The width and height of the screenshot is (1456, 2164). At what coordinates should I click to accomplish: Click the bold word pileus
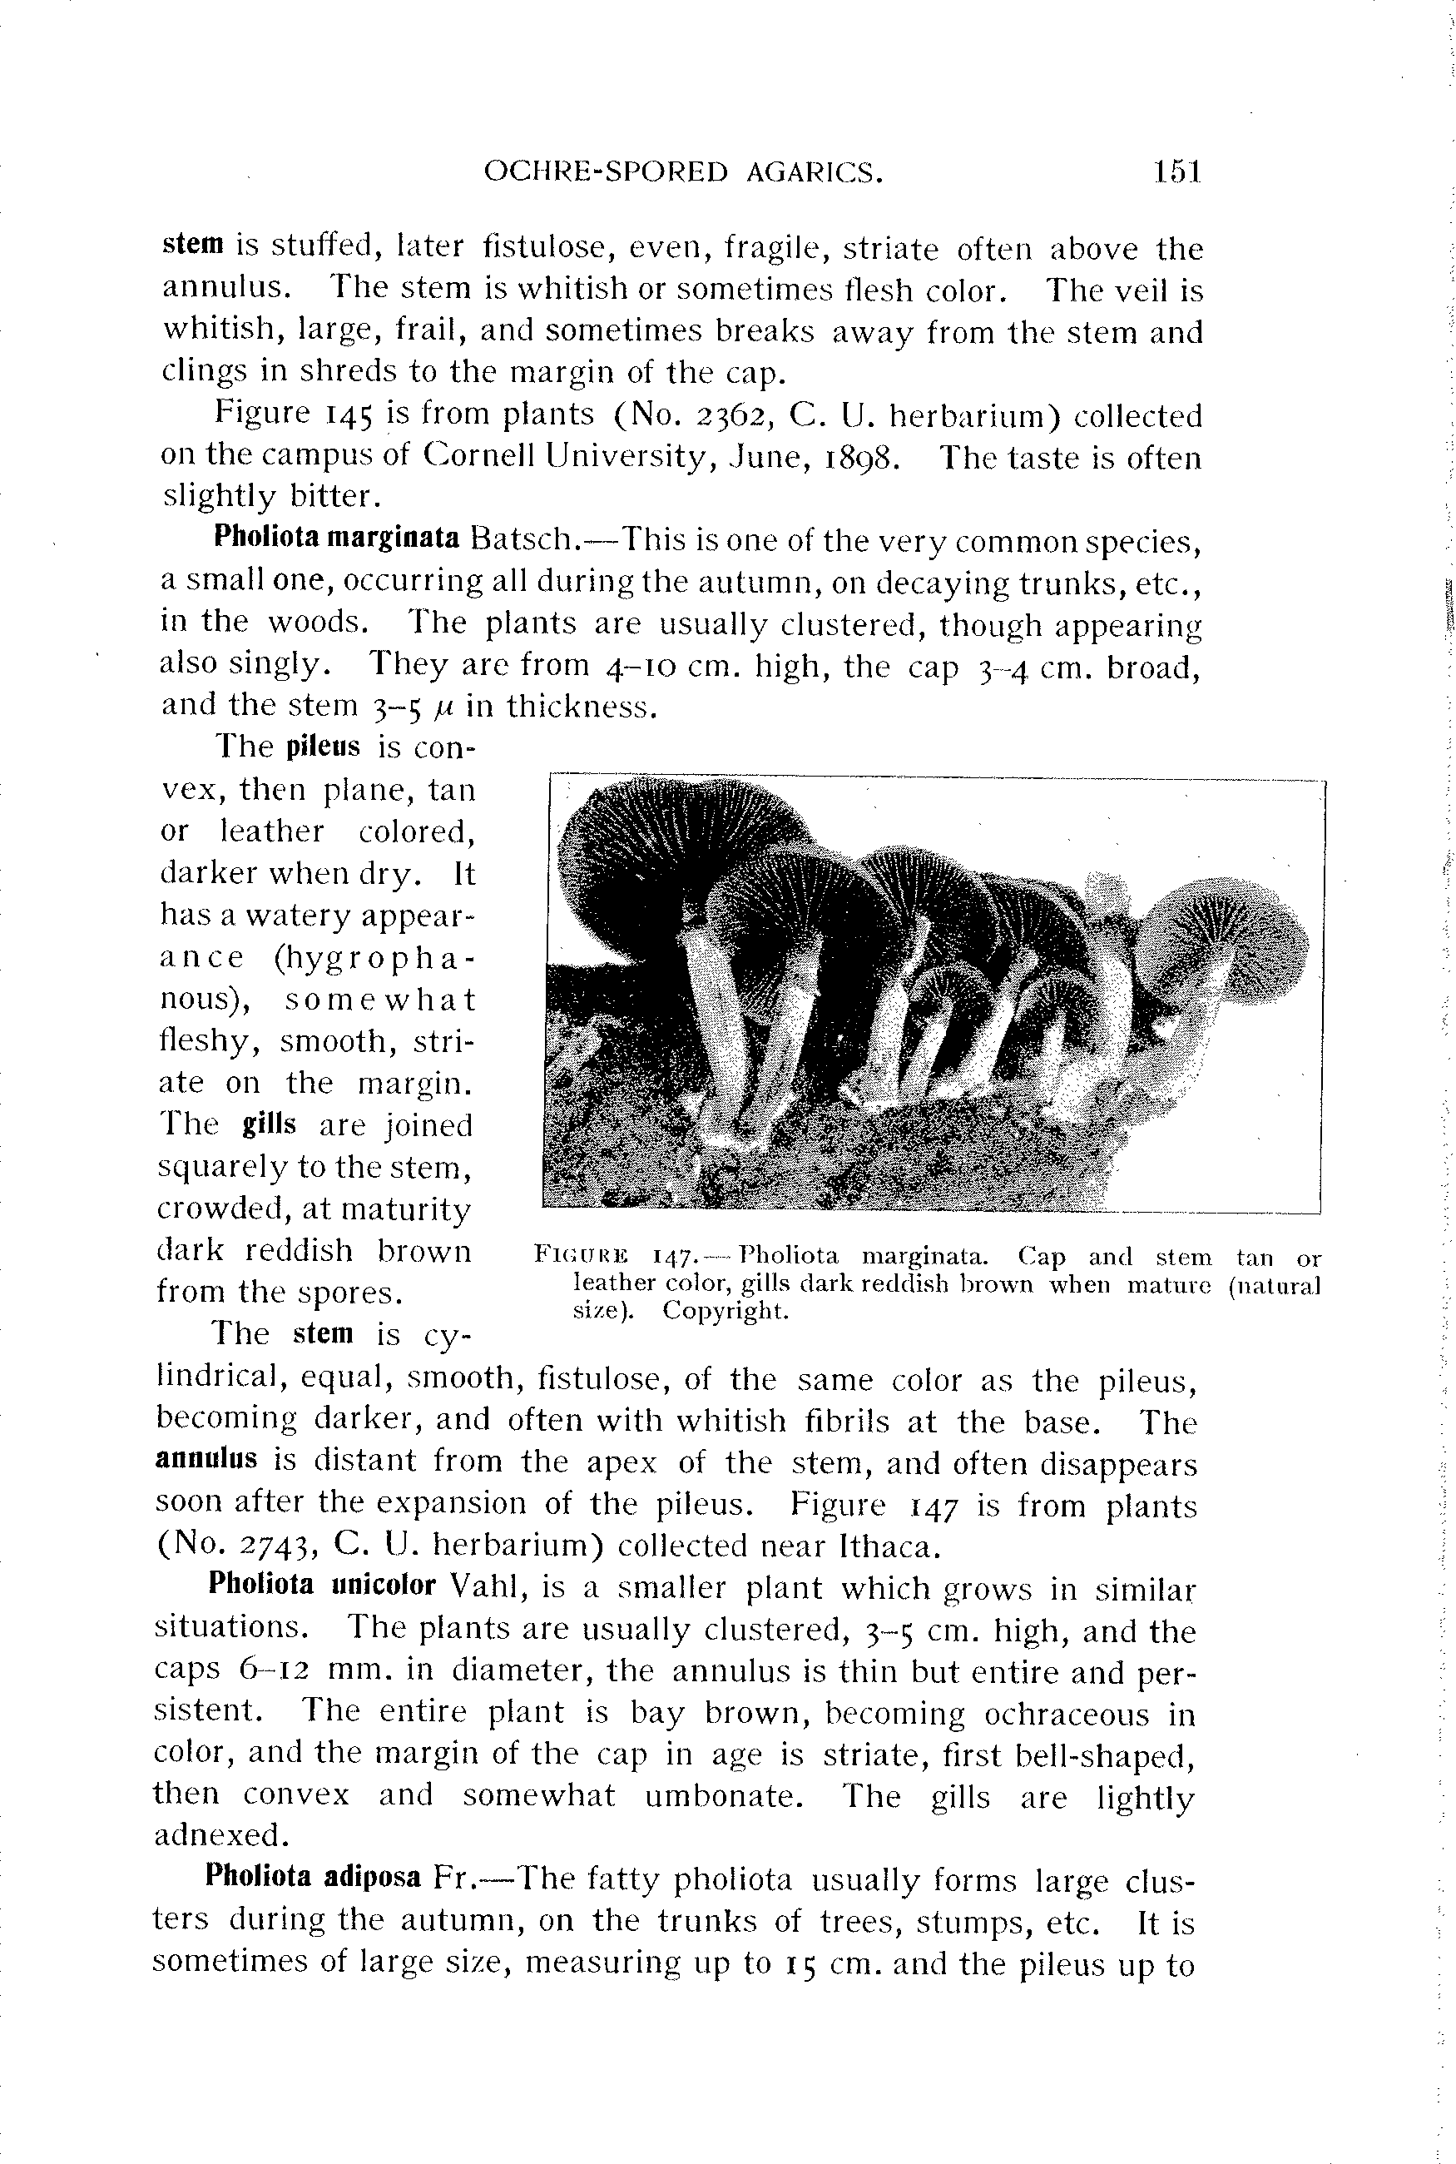[323, 747]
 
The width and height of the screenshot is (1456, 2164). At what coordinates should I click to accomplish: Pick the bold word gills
[270, 1124]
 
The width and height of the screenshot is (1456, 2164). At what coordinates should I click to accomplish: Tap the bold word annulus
[206, 1458]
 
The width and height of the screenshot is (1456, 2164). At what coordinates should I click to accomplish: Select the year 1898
[861, 458]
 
